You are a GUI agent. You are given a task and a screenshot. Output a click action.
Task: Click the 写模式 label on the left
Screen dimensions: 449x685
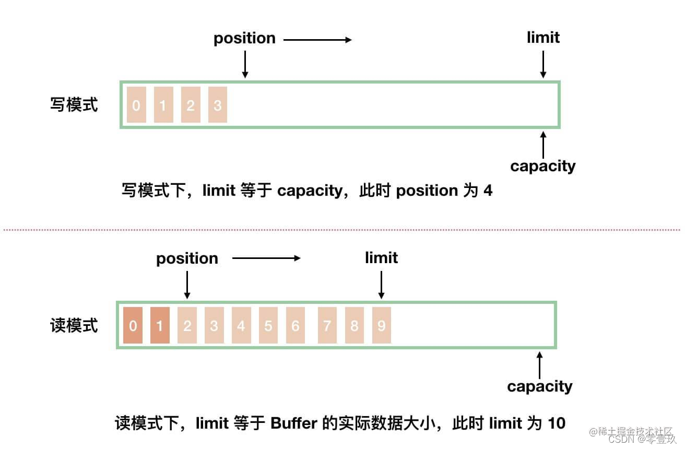[x=74, y=105]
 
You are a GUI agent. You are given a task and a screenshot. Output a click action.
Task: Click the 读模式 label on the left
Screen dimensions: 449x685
[x=74, y=326]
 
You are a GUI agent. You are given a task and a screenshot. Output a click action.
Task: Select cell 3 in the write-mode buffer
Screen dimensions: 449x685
[x=217, y=105]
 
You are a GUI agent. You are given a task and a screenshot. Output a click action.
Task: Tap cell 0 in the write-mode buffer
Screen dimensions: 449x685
[x=136, y=105]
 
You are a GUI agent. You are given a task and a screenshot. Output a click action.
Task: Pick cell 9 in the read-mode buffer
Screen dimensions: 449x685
[x=381, y=326]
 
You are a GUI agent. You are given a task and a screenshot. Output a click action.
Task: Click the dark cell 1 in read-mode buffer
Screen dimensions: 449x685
[x=160, y=326]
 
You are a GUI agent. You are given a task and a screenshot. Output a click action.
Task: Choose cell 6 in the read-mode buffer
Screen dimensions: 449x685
[x=295, y=326]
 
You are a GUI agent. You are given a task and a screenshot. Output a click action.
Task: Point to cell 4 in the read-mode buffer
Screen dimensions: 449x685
[x=241, y=326]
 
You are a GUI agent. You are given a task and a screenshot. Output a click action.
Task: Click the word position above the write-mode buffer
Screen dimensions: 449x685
[x=244, y=39]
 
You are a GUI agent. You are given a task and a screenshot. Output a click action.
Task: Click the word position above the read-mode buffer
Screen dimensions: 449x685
[x=187, y=259]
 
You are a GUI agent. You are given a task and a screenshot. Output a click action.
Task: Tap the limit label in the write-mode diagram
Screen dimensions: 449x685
[x=543, y=38]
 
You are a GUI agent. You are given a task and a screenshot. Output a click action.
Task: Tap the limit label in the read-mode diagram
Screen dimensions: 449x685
[x=381, y=258]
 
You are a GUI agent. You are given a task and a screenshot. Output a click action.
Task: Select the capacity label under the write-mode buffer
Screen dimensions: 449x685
[x=542, y=166]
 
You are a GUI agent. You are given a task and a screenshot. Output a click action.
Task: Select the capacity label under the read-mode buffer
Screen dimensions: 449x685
[x=539, y=386]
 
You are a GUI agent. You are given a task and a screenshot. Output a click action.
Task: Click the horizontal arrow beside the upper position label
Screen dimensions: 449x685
[x=317, y=39]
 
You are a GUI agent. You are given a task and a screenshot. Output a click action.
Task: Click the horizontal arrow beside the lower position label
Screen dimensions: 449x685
[x=266, y=258]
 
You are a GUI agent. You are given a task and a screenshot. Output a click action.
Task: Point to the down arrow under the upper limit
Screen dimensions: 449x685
[x=543, y=65]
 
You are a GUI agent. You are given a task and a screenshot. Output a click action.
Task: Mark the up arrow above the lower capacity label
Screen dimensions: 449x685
[x=539, y=365]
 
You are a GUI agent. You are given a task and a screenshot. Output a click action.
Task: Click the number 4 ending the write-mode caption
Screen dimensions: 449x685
[x=488, y=191]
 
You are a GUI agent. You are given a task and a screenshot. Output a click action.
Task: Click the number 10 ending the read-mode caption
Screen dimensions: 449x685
[x=557, y=422]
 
